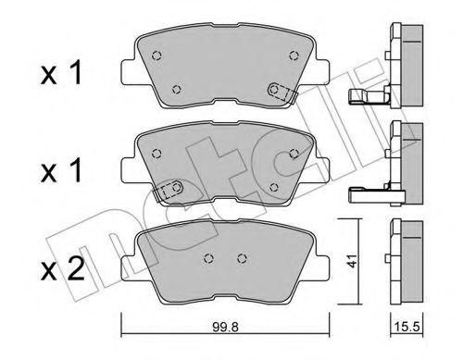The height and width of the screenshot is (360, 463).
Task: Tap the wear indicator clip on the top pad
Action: click(281, 91)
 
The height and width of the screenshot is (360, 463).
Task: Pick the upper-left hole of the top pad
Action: click(155, 53)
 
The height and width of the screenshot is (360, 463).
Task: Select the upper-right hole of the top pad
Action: click(294, 54)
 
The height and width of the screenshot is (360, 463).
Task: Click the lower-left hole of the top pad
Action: click(177, 89)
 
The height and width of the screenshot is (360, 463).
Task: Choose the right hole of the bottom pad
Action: click(242, 258)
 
